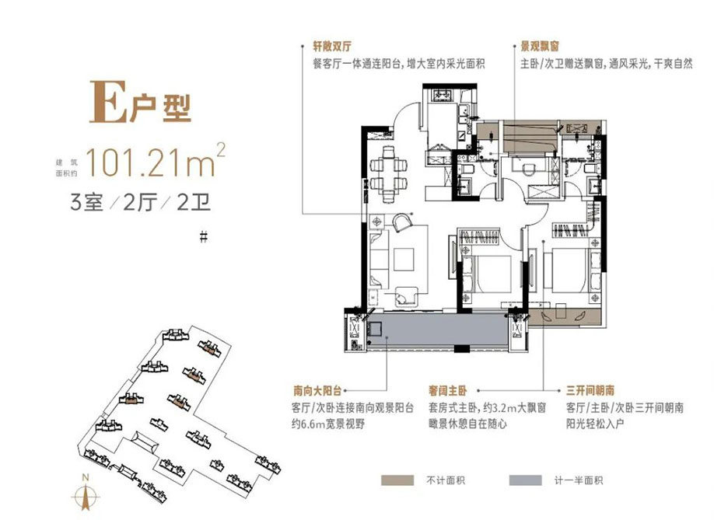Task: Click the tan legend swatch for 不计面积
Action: (x=397, y=480)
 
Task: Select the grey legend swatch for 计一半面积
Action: (x=525, y=480)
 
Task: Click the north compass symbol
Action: (x=87, y=495)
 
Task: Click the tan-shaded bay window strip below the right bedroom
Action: (x=566, y=316)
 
